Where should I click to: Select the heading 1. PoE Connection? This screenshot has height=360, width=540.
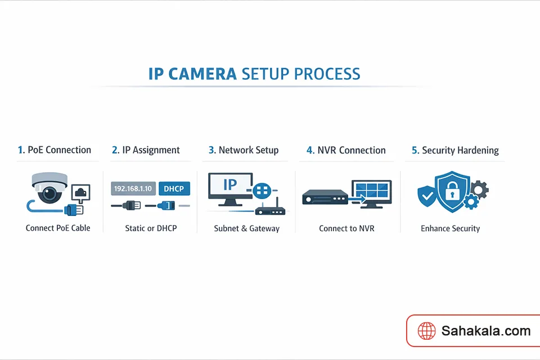click(54, 150)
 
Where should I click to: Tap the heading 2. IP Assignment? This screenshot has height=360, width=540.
click(146, 150)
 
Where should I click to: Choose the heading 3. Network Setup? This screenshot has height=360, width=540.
click(243, 150)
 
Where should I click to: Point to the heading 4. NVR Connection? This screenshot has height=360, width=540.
click(346, 150)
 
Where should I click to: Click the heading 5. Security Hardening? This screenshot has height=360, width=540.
click(455, 150)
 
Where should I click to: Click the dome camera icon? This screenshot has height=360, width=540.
click(49, 188)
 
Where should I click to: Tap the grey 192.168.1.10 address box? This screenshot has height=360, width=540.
click(133, 188)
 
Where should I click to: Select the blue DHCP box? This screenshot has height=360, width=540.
click(174, 188)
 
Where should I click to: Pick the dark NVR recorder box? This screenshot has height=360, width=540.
click(325, 197)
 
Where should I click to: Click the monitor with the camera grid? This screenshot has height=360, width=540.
click(371, 193)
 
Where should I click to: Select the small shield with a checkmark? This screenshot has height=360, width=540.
click(426, 196)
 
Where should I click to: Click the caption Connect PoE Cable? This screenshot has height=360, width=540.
click(58, 228)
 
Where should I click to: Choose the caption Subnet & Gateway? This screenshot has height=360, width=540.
click(246, 228)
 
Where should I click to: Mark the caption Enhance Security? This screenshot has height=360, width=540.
click(450, 228)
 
